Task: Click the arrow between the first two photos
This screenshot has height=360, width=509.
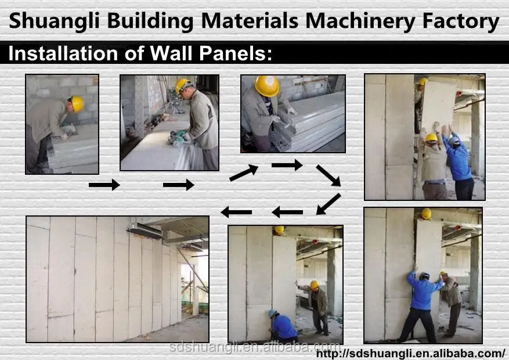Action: click(104, 185)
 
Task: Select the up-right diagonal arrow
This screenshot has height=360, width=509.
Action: click(244, 172)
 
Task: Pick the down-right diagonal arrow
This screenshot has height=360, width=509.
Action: click(328, 175)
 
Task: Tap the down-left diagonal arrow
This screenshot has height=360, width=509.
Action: click(328, 204)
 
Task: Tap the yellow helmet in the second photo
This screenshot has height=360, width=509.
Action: click(183, 85)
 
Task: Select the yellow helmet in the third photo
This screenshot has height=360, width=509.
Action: click(267, 86)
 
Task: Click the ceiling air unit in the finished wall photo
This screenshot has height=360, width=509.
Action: click(145, 231)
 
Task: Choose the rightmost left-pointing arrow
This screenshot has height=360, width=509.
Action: click(287, 212)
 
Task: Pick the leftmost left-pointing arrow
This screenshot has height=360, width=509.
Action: click(236, 212)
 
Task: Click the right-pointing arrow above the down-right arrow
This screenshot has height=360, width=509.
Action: click(287, 165)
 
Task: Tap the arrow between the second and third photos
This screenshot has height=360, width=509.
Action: click(179, 185)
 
